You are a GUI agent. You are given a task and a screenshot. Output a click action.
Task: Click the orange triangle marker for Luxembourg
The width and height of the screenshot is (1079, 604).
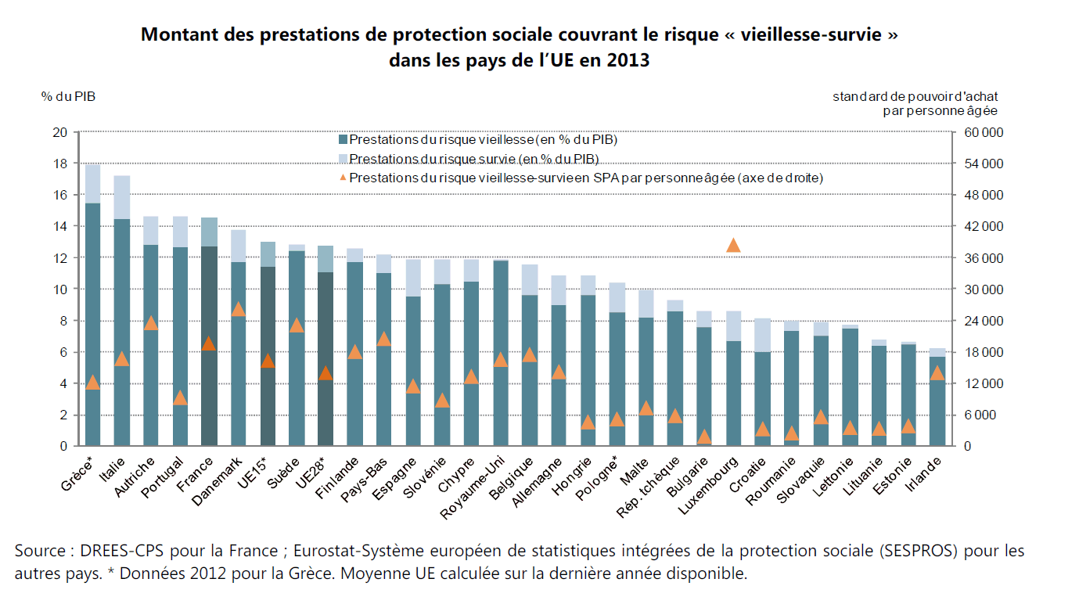pyautogui.click(x=733, y=246)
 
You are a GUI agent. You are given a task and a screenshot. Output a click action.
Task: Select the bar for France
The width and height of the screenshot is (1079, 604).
pyautogui.click(x=209, y=344)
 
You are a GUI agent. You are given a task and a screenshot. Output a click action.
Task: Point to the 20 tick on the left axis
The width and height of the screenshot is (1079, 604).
pyautogui.click(x=60, y=132)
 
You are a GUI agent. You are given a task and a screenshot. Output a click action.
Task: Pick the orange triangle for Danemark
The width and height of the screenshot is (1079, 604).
pyautogui.click(x=239, y=309)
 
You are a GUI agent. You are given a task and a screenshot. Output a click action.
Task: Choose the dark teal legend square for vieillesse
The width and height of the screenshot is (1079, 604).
pyautogui.click(x=342, y=141)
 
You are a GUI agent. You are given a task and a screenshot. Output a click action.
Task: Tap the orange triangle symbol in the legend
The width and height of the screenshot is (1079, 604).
pyautogui.click(x=342, y=178)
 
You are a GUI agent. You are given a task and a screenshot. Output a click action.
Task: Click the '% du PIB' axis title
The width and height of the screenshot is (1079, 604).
pyautogui.click(x=69, y=96)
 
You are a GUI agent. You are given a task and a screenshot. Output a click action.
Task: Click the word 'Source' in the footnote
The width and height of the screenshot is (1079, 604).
pyautogui.click(x=39, y=552)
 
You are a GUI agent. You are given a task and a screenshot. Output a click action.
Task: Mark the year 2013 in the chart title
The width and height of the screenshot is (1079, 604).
pyautogui.click(x=629, y=59)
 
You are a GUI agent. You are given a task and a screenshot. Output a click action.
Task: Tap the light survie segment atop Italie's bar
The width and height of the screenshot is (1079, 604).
pyautogui.click(x=122, y=197)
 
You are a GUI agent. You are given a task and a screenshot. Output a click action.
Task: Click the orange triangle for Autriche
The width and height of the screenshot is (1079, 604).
pyautogui.click(x=151, y=322)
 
